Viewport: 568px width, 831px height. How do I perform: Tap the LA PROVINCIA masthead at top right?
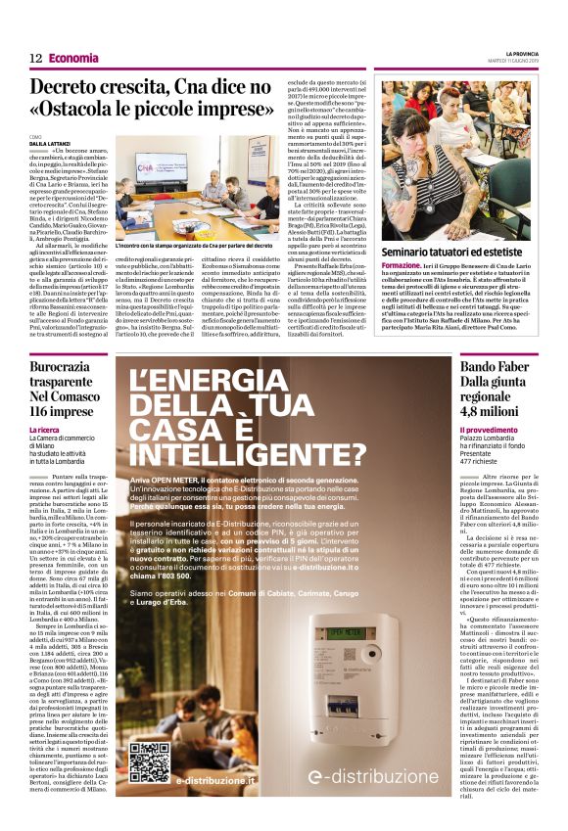click(x=531, y=53)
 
